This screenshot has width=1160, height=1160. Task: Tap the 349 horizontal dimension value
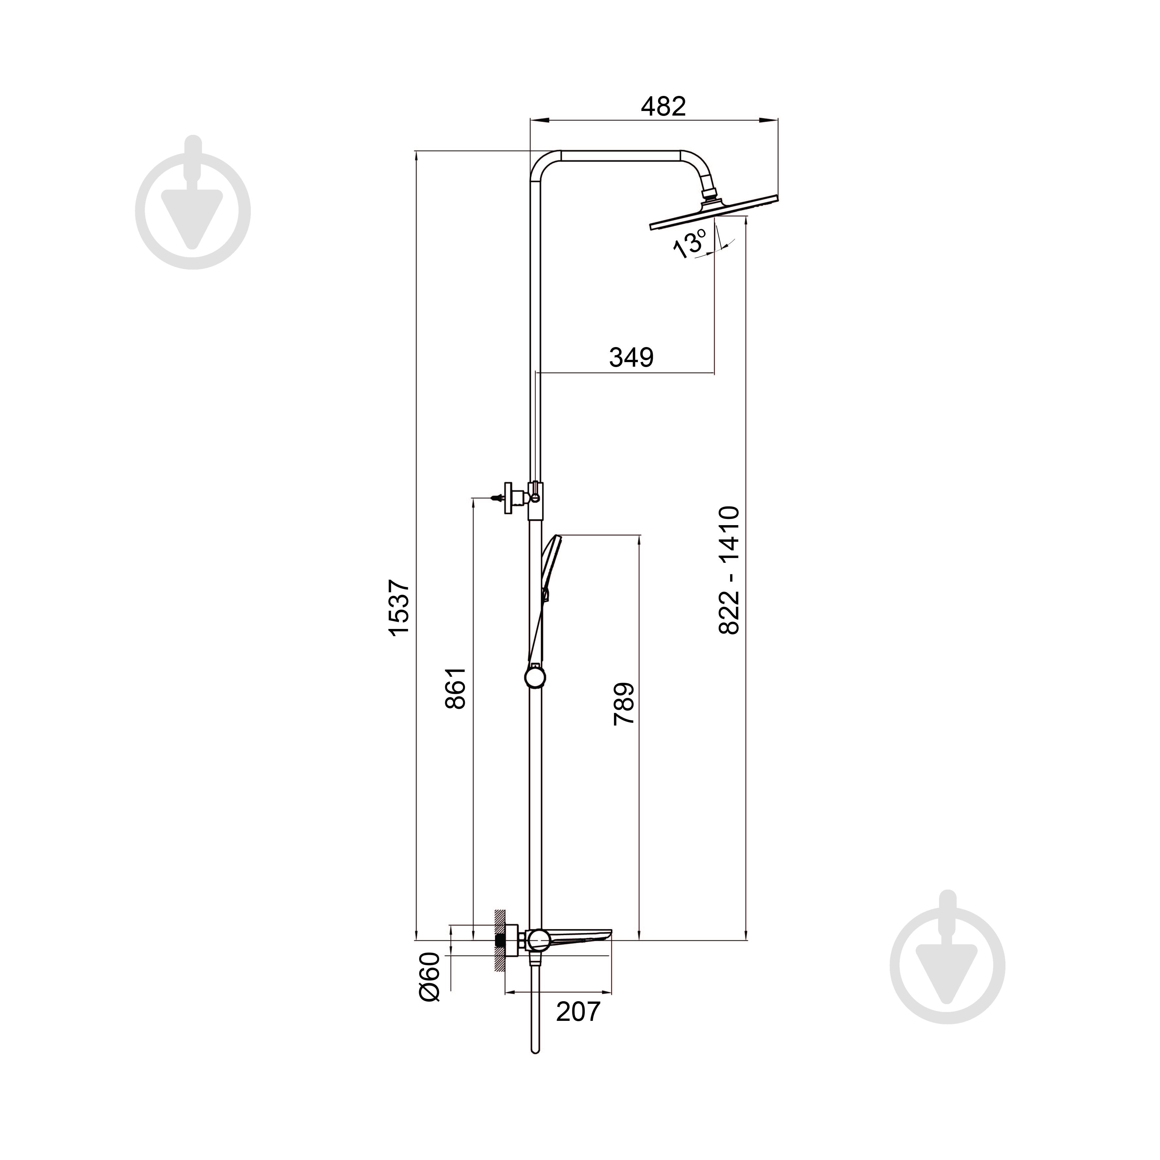coord(631,357)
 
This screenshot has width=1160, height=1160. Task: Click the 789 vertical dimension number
coord(624,704)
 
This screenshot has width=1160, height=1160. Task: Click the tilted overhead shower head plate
coord(714,212)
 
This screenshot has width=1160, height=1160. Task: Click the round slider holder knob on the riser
coord(535,677)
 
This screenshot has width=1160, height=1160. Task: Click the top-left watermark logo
coord(193,202)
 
